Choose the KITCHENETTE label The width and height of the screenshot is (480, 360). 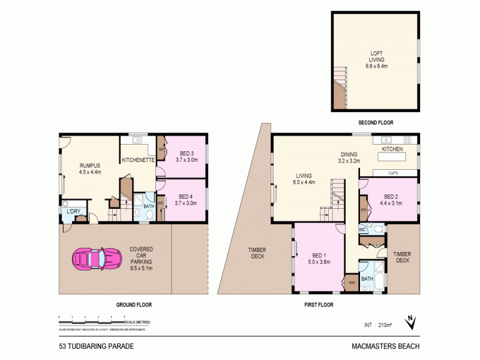(139, 160)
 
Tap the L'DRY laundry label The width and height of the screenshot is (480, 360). (73, 212)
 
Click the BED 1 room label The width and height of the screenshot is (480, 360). (319, 257)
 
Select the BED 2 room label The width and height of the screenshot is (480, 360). (391, 200)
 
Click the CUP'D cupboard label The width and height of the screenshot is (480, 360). (395, 173)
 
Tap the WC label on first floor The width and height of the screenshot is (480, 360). (362, 229)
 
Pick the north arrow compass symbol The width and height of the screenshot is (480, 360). (410, 323)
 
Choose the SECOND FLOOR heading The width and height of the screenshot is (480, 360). (376, 122)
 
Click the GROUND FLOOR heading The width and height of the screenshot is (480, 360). (133, 305)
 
